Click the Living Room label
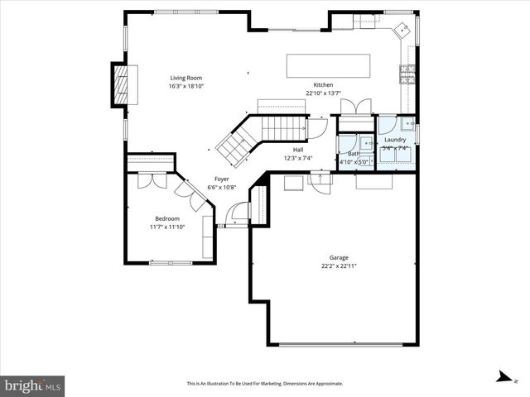click(x=186, y=78)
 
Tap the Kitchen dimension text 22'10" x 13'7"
click(x=323, y=93)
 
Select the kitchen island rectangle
click(x=328, y=65)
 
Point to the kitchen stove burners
click(x=407, y=75)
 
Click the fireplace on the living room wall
click(x=121, y=84)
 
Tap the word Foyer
click(x=222, y=179)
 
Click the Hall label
click(x=297, y=150)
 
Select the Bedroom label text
click(x=166, y=218)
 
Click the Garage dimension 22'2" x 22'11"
click(x=339, y=266)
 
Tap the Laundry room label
click(x=395, y=141)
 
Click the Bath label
click(x=354, y=154)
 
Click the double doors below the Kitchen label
click(x=357, y=108)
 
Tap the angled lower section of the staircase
click(x=234, y=144)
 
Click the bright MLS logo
click(x=33, y=385)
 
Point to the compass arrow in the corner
click(x=503, y=376)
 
